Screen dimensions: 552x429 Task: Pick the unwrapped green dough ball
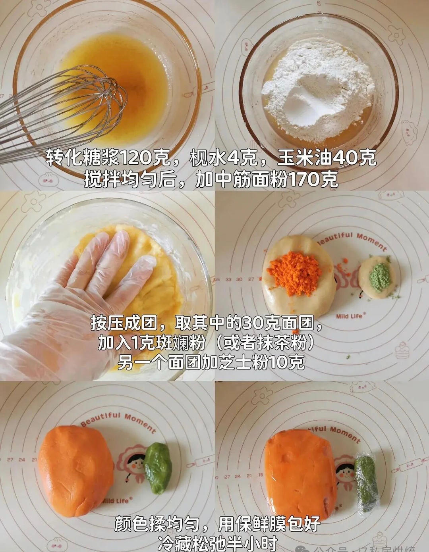click(158, 467)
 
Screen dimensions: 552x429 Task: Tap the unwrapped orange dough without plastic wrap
click(75, 470)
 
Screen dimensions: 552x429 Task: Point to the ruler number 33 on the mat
click(228, 279)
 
